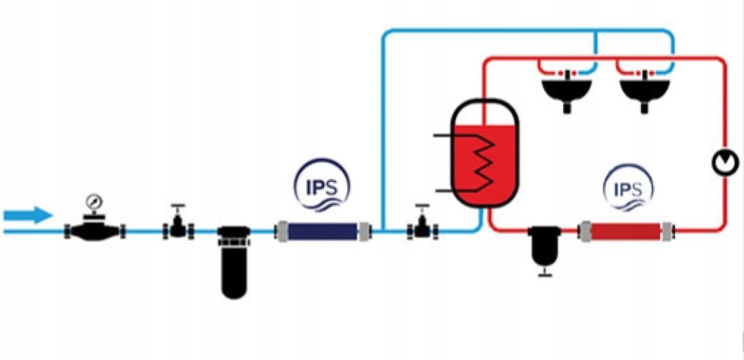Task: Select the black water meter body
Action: [95, 230]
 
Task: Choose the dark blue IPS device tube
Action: [321, 230]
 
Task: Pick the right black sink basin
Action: [644, 91]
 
